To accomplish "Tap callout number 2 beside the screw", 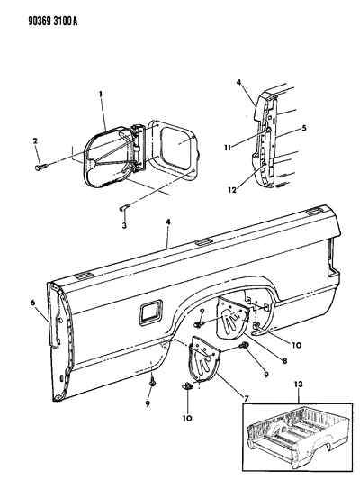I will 36,141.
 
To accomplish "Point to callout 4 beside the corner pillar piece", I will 239,86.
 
